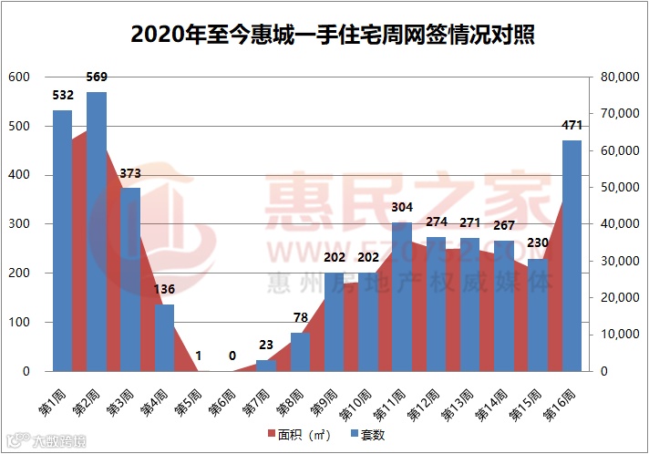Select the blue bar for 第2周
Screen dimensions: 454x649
96,232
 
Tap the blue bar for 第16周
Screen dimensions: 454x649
572,256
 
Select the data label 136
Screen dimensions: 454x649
164,289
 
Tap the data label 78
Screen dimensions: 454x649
300,317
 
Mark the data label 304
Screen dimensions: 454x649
402,207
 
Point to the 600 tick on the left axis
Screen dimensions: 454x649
19,77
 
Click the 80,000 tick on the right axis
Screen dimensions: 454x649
619,77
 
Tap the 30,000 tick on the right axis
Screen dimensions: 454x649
619,262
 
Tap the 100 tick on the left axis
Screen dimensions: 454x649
19,323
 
